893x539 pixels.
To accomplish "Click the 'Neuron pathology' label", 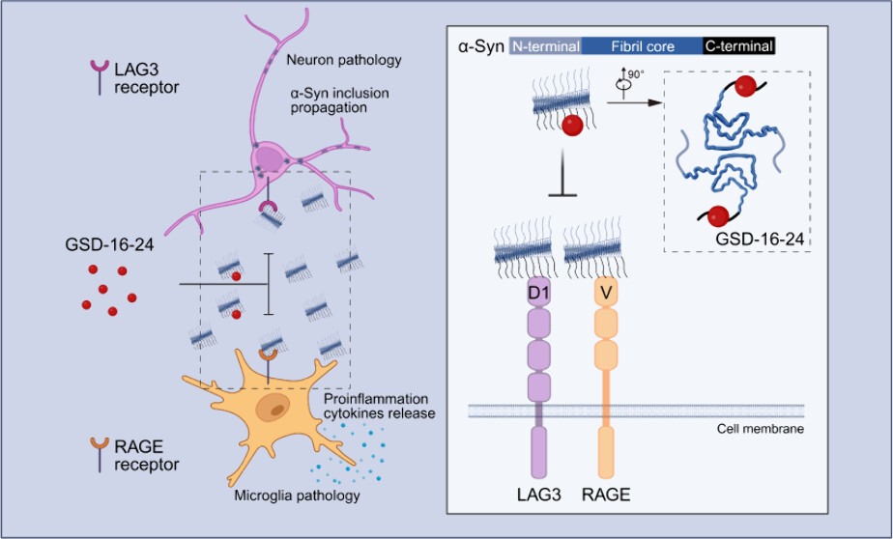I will [x=343, y=61].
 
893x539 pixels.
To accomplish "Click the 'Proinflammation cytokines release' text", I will [x=378, y=407].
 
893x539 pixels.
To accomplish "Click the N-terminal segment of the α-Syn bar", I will [x=545, y=45].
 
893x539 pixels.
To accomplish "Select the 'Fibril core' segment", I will [x=641, y=45].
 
